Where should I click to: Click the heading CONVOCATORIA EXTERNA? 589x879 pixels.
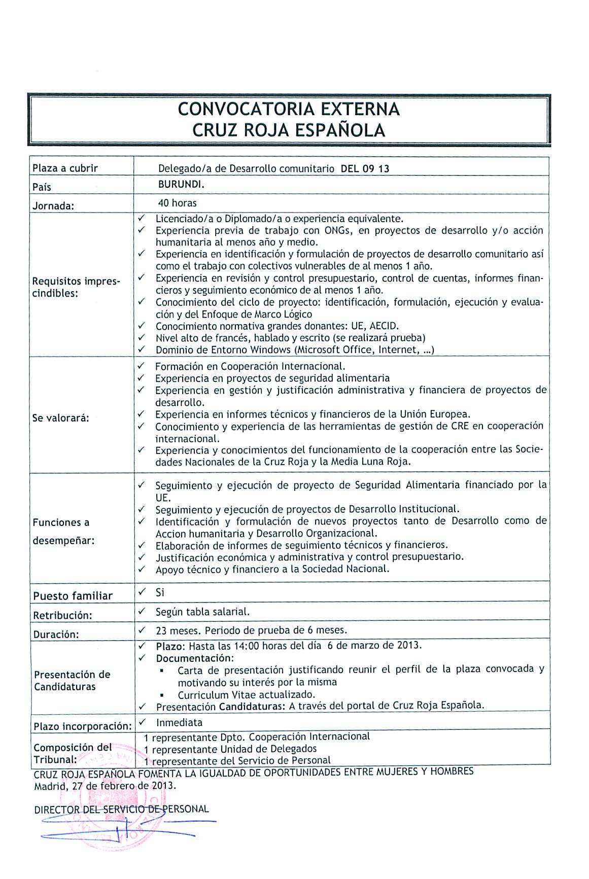(289, 109)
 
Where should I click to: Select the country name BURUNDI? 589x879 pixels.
(181, 185)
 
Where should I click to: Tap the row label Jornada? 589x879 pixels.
(54, 206)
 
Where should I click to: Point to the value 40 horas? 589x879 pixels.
(177, 203)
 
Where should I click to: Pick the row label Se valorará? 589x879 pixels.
(61, 418)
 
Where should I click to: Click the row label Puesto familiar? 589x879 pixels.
(73, 596)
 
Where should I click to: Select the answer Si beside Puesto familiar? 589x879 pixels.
(160, 592)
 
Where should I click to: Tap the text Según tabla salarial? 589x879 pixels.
(202, 612)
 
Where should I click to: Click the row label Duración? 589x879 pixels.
(56, 635)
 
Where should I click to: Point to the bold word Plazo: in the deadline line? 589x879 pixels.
(171, 646)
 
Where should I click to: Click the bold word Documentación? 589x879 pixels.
(195, 658)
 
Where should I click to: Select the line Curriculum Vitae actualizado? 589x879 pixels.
(247, 694)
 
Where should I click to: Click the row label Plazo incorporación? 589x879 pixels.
(83, 726)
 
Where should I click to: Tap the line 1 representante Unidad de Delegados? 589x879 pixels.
(230, 749)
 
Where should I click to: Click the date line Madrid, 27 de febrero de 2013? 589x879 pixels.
(105, 786)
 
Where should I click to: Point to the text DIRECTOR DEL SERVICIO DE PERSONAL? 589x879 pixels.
(121, 809)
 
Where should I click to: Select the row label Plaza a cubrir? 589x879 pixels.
(65, 168)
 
